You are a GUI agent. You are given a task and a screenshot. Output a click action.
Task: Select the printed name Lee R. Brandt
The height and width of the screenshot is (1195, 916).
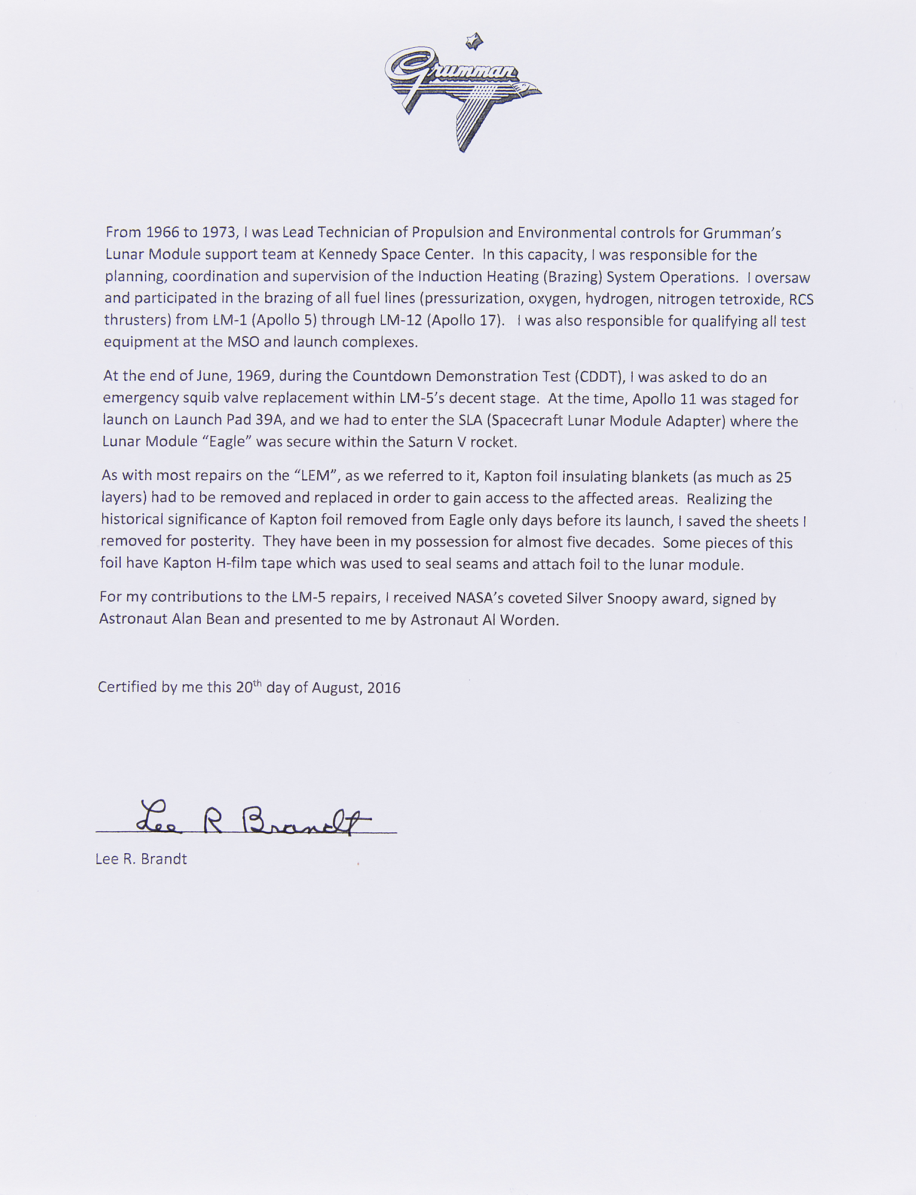pos(141,859)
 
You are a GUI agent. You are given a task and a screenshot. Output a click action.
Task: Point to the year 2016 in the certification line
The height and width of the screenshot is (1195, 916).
pos(384,688)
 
